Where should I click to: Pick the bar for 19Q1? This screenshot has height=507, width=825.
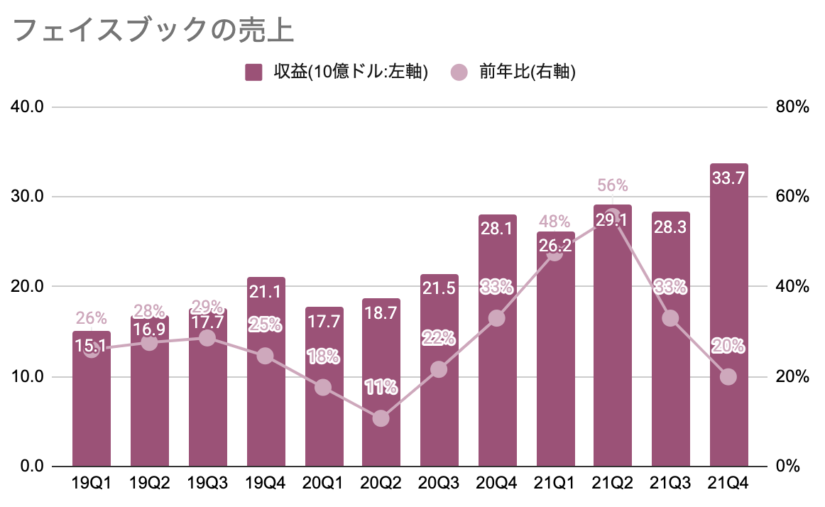coord(92,405)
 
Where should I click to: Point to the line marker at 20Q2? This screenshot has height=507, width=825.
coord(381,418)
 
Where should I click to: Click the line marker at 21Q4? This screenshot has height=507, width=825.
coord(728,376)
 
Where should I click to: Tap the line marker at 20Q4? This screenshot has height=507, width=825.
coord(497,317)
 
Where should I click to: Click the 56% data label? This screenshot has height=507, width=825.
coord(613,185)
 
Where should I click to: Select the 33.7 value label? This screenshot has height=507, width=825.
coord(728,179)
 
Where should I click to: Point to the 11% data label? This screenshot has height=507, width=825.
coord(381,388)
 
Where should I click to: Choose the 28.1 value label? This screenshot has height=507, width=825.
coord(497,229)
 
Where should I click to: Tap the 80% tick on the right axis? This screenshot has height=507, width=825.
coord(792,107)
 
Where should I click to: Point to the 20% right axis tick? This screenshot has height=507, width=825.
coord(792,376)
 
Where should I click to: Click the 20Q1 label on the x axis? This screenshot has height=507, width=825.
coord(323,484)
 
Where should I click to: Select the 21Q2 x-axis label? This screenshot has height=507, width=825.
coord(613,484)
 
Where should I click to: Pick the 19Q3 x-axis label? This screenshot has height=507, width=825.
coord(207,484)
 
